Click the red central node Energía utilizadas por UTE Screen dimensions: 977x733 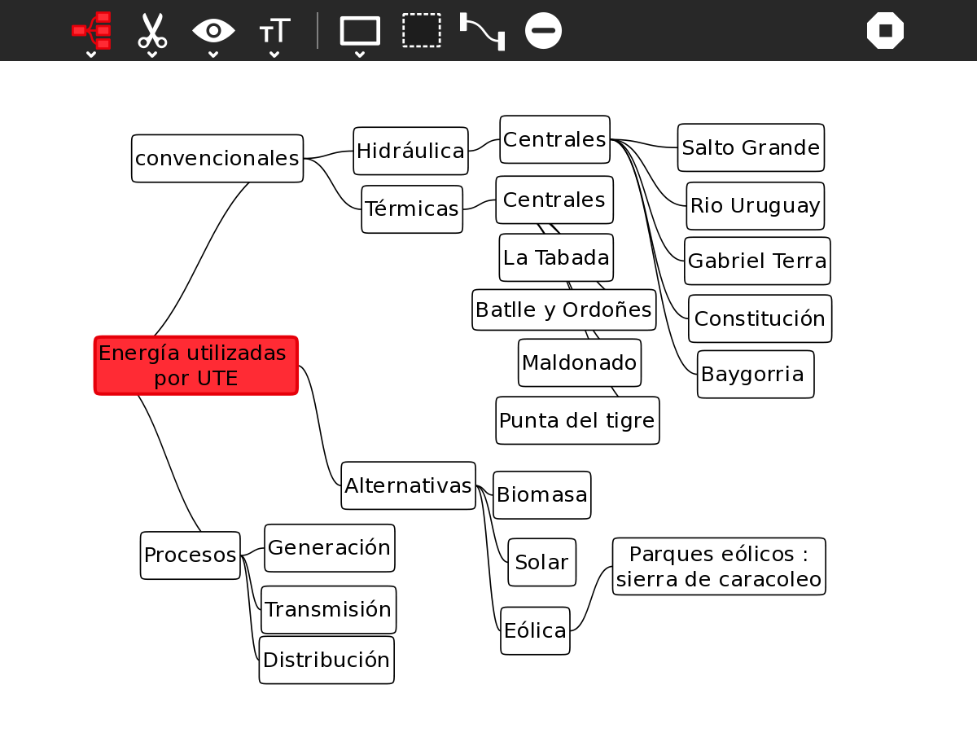[195, 366]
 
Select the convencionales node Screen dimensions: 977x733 [217, 159]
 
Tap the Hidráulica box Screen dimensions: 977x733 [410, 151]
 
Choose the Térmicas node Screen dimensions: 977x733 [412, 209]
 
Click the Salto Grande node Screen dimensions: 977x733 [751, 147]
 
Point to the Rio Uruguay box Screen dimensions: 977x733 [755, 206]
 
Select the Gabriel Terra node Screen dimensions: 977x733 [757, 261]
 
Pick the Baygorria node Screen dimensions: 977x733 [756, 375]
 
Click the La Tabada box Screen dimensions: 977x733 [556, 258]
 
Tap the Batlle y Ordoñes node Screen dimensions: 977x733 [563, 310]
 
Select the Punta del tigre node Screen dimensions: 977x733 [577, 421]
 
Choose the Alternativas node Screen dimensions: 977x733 [408, 486]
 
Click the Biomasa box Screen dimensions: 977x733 [542, 495]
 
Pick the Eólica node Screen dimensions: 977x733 [535, 630]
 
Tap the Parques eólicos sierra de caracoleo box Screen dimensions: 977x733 [719, 567]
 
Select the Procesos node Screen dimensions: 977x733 [190, 555]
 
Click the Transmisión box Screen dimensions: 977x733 [328, 610]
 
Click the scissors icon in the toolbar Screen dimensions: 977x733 [152, 31]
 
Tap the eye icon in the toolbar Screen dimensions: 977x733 [213, 31]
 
